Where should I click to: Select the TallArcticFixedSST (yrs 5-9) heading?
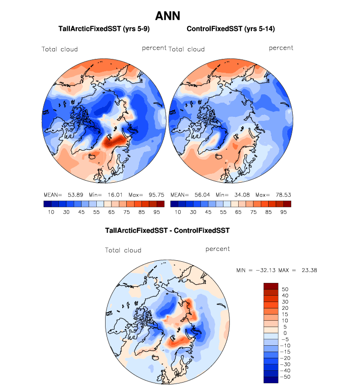(x=104, y=29)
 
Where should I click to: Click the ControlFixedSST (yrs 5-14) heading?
(x=230, y=29)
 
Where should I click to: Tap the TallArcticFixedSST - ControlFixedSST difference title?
(x=167, y=230)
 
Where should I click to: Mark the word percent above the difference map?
(x=218, y=249)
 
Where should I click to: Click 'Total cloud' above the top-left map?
(x=59, y=49)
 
